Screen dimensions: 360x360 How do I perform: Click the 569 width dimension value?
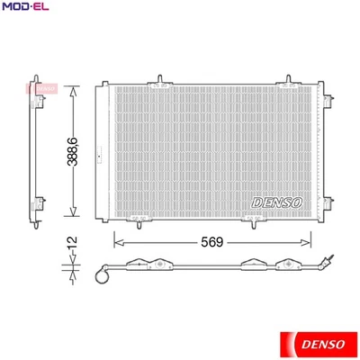(x=211, y=242)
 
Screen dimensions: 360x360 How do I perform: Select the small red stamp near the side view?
(x=47, y=87)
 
